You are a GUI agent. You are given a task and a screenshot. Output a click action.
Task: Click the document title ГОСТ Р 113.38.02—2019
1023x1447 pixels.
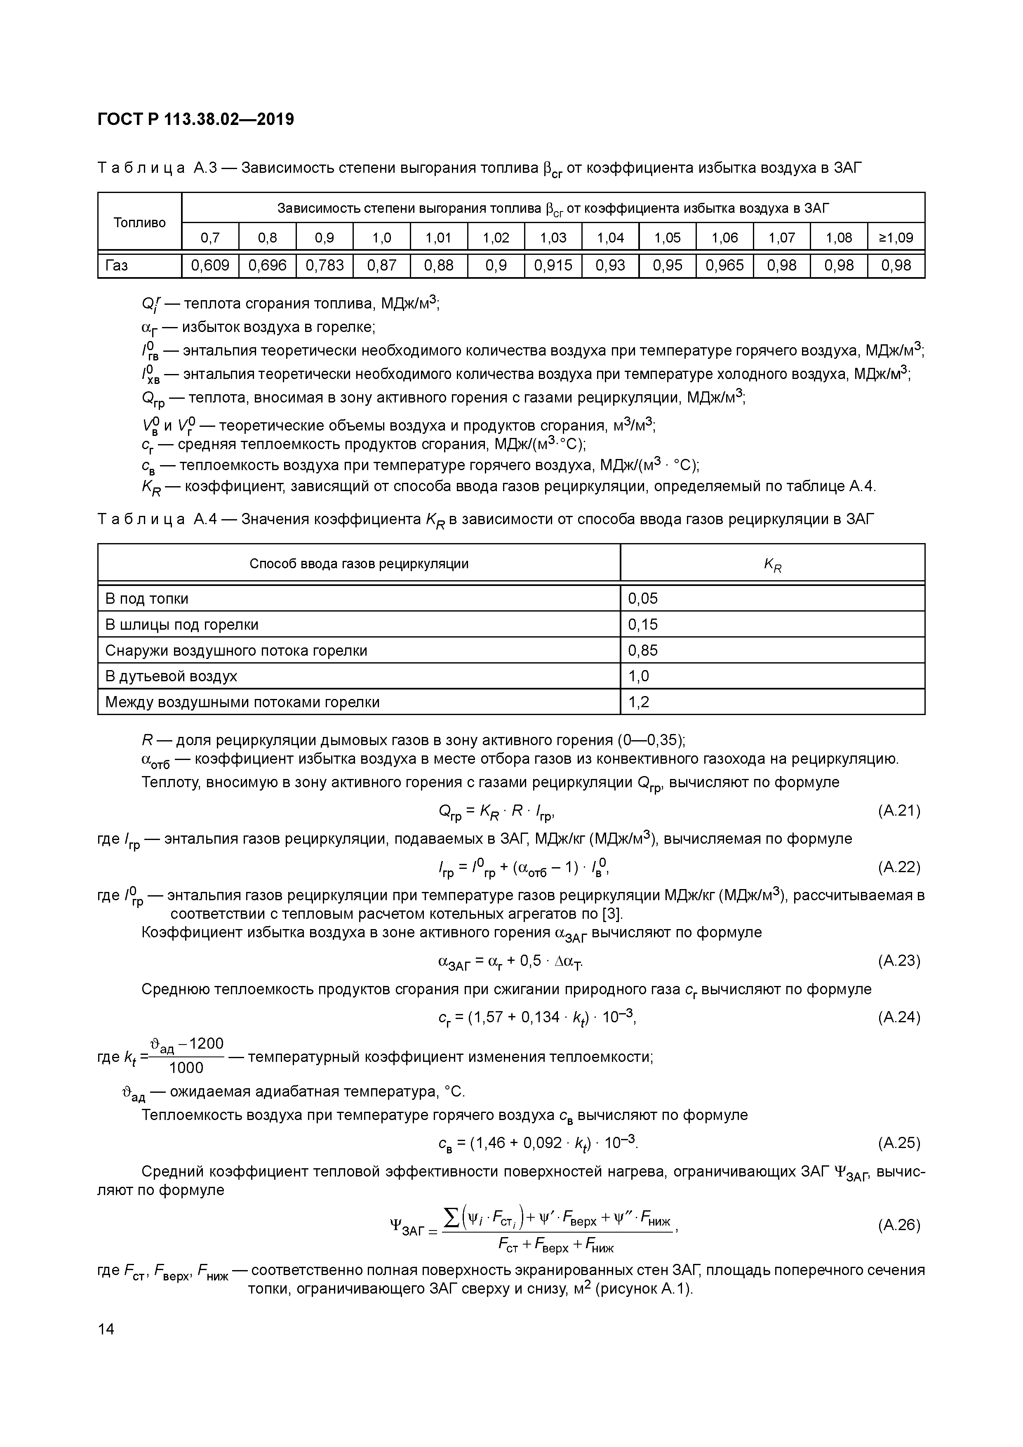pyautogui.click(x=195, y=119)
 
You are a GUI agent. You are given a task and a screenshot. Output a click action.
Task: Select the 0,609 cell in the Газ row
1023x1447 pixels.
pyautogui.click(x=210, y=265)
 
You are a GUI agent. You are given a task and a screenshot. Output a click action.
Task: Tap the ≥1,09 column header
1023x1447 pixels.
pyautogui.click(x=896, y=238)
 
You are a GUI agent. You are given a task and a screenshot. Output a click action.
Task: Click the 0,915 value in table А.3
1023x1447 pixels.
pyautogui.click(x=553, y=265)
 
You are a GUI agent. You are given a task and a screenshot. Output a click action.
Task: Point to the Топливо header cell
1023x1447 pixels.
pyautogui.click(x=139, y=222)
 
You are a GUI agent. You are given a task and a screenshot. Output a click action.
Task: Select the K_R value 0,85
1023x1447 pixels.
pyautogui.click(x=642, y=650)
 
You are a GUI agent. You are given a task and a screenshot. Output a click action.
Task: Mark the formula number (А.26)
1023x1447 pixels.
pyautogui.click(x=899, y=1225)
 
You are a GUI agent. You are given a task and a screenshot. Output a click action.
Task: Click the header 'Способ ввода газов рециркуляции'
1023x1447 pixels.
pyautogui.click(x=359, y=563)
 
